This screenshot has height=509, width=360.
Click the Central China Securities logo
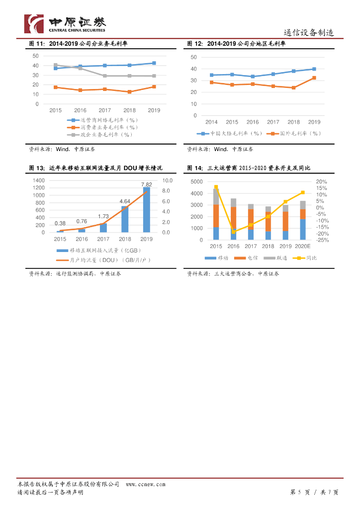tap(65, 23)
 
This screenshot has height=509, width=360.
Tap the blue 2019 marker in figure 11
tap(154, 63)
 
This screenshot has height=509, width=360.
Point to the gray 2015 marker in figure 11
tap(55, 65)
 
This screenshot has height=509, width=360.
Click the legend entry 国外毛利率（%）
tap(294, 133)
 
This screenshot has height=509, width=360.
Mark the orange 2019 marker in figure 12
tap(314, 78)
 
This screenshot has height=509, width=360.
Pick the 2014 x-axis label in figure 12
tap(211, 122)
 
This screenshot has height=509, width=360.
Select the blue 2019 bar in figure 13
tap(147, 209)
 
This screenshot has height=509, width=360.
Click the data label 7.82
tap(147, 184)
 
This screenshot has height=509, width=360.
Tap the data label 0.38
tap(60, 223)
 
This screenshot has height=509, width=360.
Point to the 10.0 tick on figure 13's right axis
tap(168, 180)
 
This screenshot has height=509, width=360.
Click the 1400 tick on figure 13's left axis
tap(39, 180)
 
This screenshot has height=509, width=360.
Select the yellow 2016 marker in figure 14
tap(234, 232)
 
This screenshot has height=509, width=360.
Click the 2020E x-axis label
tap(302, 247)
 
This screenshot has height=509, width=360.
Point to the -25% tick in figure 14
tap(322, 240)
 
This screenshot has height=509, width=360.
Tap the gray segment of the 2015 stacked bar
tap(216, 197)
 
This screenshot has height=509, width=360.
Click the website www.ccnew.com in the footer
tap(145, 484)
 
